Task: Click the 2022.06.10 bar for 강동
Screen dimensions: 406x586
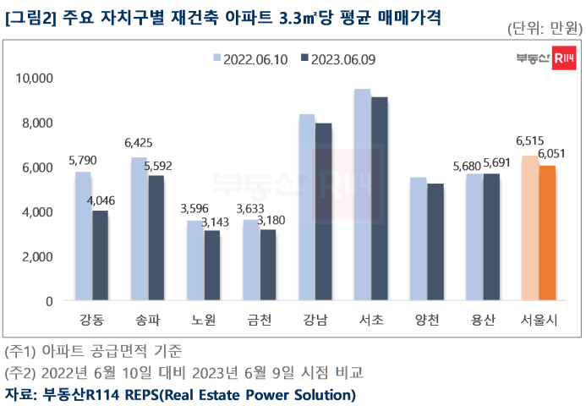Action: pyautogui.click(x=83, y=236)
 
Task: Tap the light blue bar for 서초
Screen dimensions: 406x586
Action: pyautogui.click(x=363, y=195)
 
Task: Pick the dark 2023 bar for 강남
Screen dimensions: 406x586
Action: pyautogui.click(x=324, y=211)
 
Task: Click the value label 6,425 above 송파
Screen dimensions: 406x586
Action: pyautogui.click(x=138, y=143)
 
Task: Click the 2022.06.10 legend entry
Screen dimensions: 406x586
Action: pyautogui.click(x=253, y=59)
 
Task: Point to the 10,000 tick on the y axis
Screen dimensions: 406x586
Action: pyautogui.click(x=36, y=79)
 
